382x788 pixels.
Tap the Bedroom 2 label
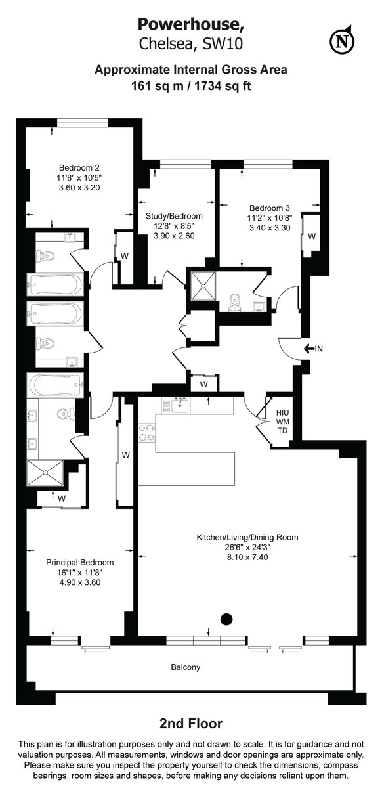click(x=79, y=167)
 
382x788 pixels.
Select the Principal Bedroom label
click(x=79, y=562)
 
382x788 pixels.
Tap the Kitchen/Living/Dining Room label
click(x=247, y=537)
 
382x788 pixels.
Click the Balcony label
click(x=185, y=667)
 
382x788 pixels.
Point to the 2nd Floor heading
click(x=190, y=724)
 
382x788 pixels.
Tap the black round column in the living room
click(x=227, y=617)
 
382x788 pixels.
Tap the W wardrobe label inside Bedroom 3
click(x=311, y=235)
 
